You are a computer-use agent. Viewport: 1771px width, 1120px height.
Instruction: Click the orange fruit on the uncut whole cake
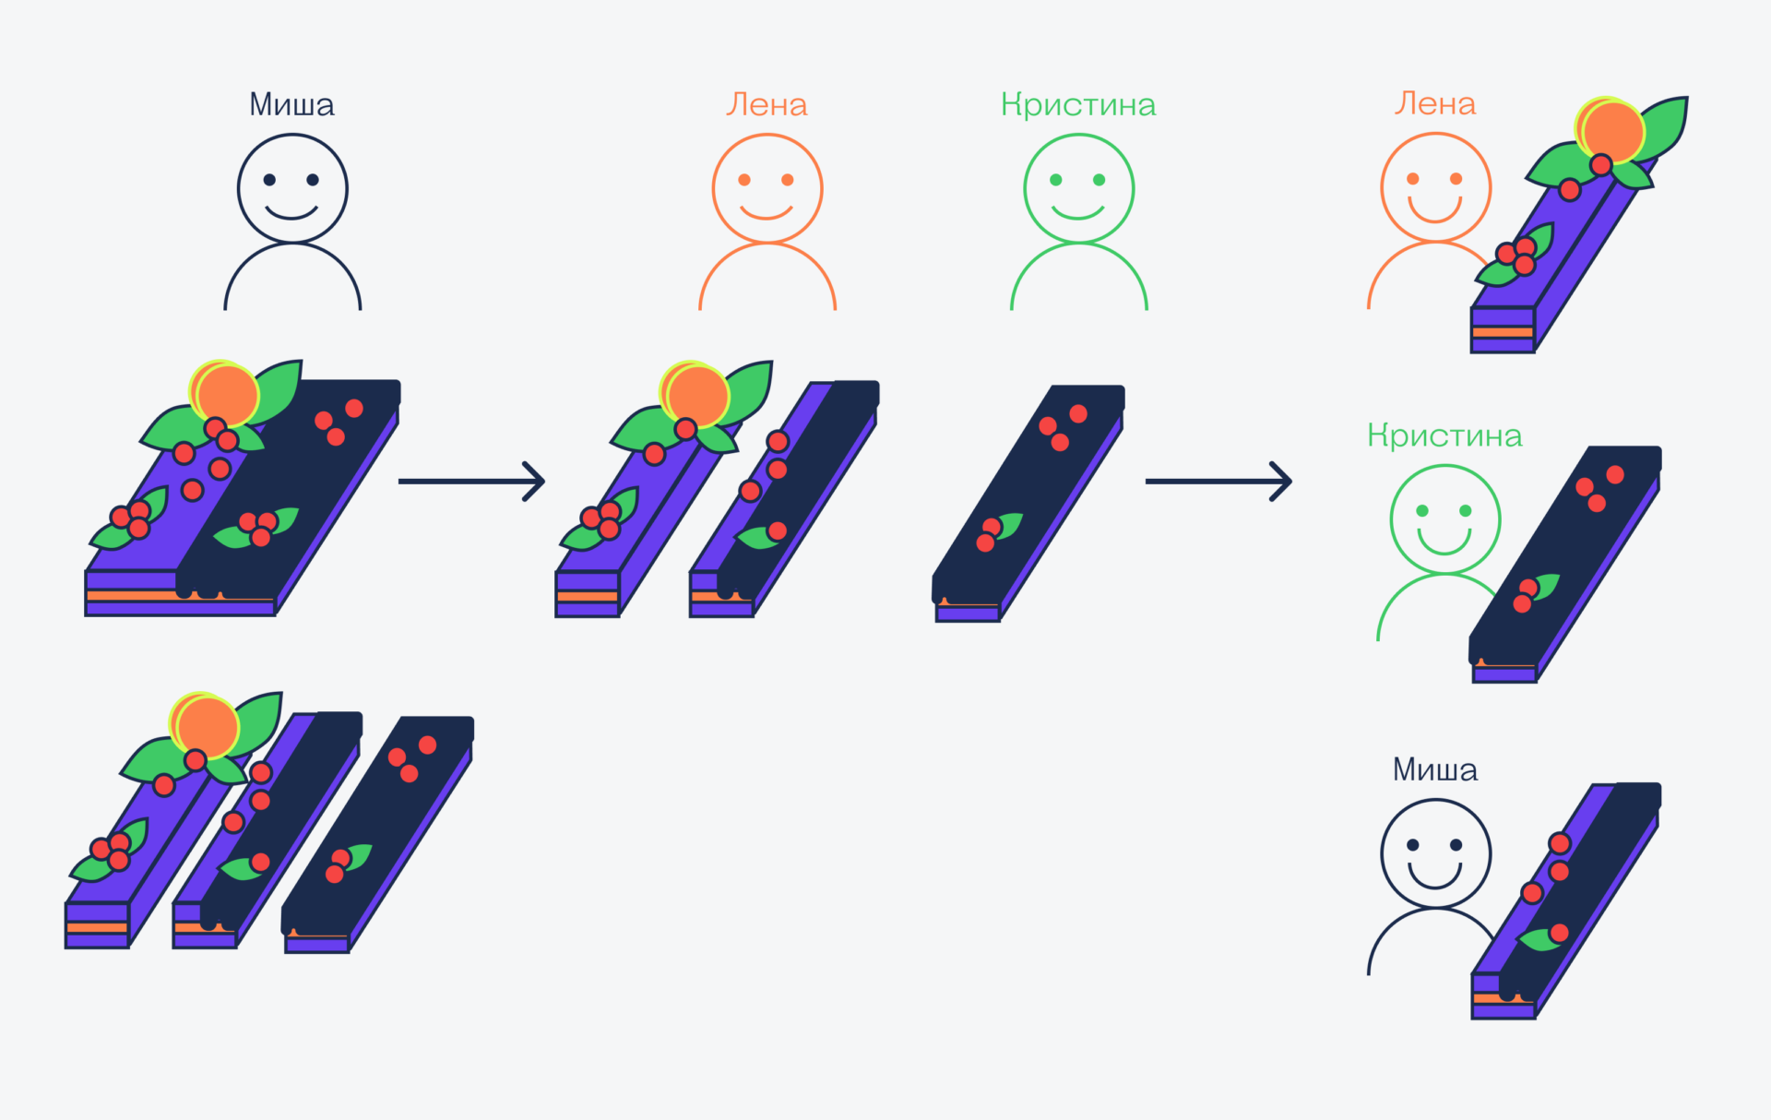coord(227,393)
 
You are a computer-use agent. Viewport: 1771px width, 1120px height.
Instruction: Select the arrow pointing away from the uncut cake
coord(471,481)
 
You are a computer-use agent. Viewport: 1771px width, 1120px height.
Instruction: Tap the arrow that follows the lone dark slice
coord(1218,481)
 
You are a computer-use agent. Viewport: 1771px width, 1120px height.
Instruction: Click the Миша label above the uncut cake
coord(291,104)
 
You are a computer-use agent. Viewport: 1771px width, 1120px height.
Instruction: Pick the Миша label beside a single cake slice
coord(1434,769)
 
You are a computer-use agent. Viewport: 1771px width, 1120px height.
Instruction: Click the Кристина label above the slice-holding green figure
coord(1444,435)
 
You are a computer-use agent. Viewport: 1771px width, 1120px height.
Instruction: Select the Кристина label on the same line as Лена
coord(1077,104)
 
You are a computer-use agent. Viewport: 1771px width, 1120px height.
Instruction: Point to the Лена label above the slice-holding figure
coord(1434,103)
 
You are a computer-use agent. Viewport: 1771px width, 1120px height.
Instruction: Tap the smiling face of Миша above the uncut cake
coord(292,189)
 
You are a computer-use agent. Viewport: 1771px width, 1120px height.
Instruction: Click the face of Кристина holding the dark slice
coord(1444,519)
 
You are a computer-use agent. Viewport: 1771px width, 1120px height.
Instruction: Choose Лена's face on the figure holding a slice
coord(1434,187)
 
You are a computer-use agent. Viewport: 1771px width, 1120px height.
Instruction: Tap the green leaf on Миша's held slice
coord(1539,940)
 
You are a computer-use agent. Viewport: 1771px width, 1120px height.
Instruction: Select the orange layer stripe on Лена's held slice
coord(1502,332)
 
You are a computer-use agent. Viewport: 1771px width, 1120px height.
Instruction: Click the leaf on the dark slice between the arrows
coord(1008,525)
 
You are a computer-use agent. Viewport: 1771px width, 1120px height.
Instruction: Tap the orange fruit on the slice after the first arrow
coord(697,394)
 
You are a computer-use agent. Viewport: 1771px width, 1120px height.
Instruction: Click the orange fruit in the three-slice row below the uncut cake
coord(208,724)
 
